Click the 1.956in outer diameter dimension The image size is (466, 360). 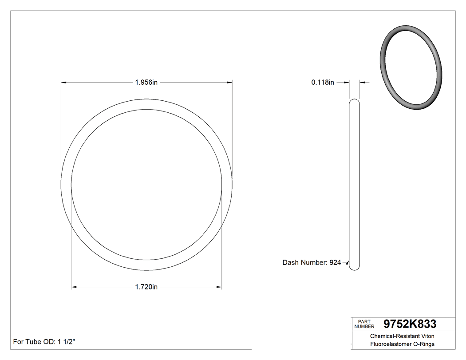coord(146,82)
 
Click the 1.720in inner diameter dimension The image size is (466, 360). coord(146,287)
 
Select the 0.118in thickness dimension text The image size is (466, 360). coord(323,82)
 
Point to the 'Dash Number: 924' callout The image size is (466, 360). coord(312,263)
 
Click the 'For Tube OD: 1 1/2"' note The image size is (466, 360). coord(44,342)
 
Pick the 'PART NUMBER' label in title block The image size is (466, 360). coord(364,324)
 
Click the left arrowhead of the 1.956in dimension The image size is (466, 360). coord(63,82)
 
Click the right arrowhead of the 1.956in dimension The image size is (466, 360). coord(230,82)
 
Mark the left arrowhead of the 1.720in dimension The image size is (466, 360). coord(74,287)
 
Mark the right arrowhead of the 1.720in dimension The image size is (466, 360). coord(219,287)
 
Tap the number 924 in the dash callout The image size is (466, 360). coord(335,263)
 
